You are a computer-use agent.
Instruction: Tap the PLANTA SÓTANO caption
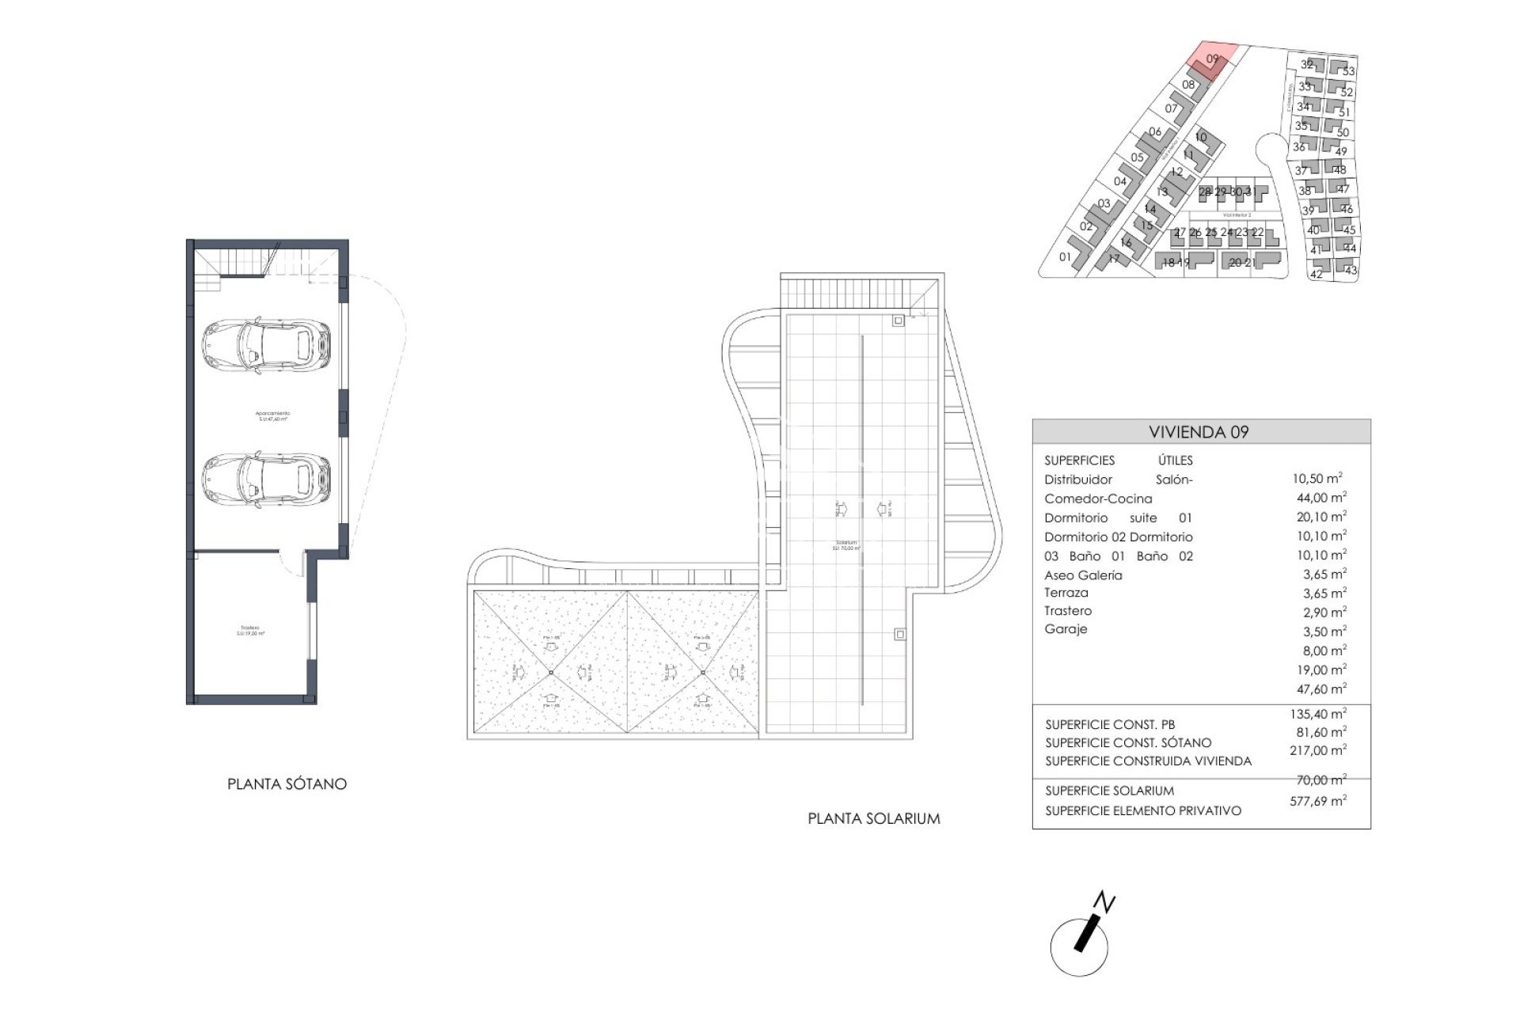[x=287, y=784]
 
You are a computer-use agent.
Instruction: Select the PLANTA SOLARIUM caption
[x=874, y=819]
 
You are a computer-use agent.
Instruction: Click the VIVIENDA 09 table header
[x=1199, y=432]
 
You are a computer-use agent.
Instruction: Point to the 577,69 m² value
[x=1317, y=801]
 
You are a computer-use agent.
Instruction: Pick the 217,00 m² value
[x=1317, y=750]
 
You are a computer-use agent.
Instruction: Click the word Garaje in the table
[x=1066, y=629]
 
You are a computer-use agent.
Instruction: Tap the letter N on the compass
[x=1105, y=903]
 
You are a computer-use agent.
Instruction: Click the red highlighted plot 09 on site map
[x=1211, y=60]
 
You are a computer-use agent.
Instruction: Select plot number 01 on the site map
[x=1065, y=256]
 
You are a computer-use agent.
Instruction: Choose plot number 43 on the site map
[x=1351, y=270]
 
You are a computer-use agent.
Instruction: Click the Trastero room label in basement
[x=250, y=631]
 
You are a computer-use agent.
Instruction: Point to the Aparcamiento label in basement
[x=272, y=415]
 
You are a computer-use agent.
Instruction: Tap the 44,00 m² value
[x=1320, y=498]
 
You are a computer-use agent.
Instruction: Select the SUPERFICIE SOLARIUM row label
[x=1109, y=791]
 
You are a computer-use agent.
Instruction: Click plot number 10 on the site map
[x=1201, y=137]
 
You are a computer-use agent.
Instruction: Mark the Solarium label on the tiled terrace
[x=845, y=545]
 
